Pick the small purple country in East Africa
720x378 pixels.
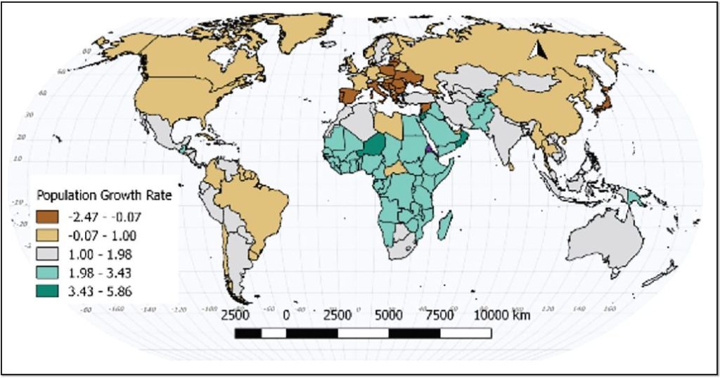click(x=428, y=148)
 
